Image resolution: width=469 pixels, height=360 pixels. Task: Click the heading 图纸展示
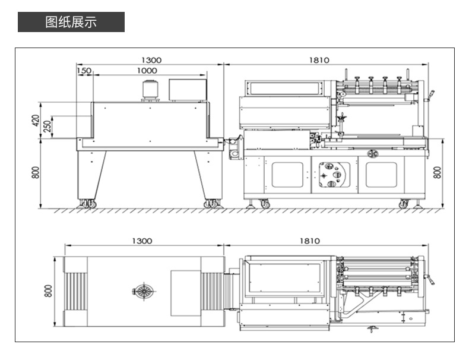71,23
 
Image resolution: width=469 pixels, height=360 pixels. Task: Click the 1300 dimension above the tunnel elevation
151,60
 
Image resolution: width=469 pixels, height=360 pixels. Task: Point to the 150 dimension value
84,70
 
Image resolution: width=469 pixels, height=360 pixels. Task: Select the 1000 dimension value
147,70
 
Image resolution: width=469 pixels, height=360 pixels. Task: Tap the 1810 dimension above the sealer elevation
319,60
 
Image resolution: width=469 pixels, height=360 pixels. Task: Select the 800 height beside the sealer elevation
438,172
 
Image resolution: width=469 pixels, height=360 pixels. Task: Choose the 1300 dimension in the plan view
142,241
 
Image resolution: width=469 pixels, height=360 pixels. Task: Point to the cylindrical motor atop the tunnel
150,91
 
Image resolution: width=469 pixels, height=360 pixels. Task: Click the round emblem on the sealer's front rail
372,153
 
